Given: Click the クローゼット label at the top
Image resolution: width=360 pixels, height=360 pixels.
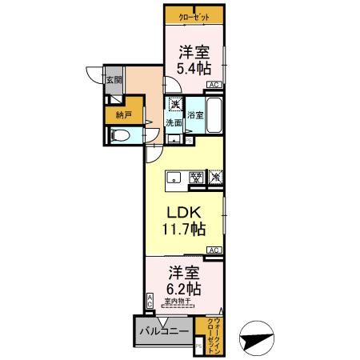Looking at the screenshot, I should click(194, 14).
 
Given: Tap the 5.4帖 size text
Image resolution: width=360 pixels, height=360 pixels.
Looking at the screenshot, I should click(194, 67).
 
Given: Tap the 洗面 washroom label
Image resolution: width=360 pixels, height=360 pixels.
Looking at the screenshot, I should click(174, 122).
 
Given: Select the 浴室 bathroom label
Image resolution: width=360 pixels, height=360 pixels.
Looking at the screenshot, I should click(196, 115).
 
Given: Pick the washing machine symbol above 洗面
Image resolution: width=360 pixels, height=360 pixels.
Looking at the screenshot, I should click(174, 104).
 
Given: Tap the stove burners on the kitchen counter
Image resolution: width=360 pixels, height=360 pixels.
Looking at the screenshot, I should click(194, 178).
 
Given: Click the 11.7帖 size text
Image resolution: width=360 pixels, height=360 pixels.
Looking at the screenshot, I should click(186, 230).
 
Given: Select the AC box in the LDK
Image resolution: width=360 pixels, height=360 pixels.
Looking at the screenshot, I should click(214, 250).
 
